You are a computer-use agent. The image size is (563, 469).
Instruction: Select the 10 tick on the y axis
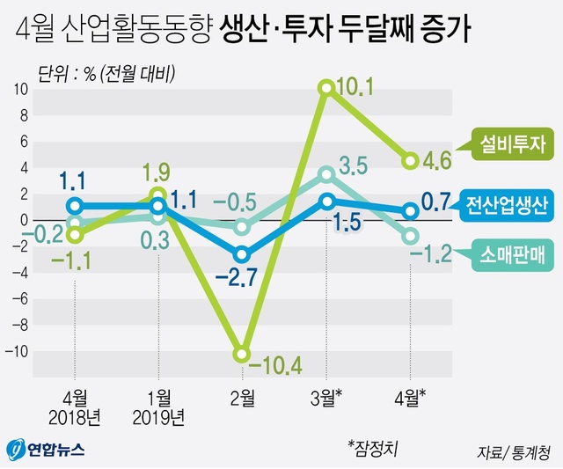pos(20,89)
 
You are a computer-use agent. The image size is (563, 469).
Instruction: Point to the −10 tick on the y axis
pos(17,350)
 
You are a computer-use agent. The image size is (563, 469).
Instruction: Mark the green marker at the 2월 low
pos(241,355)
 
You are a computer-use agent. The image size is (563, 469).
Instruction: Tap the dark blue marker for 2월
pos(241,255)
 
